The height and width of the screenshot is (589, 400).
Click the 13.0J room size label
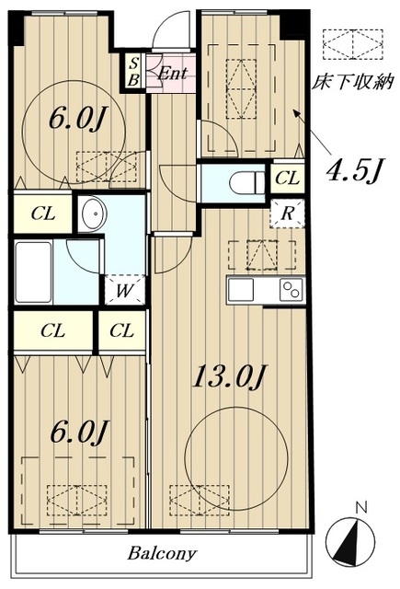[229, 376]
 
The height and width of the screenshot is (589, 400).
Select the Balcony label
[162, 553]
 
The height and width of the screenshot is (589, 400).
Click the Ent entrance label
[172, 74]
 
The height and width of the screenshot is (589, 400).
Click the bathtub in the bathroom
[33, 272]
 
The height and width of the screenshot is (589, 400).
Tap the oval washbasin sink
[94, 214]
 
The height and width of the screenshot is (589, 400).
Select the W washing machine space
[124, 290]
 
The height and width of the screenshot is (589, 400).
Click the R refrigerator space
[287, 214]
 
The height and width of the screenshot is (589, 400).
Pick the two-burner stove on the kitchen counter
[291, 290]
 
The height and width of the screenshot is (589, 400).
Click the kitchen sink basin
[241, 290]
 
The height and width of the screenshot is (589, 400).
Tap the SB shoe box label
[133, 72]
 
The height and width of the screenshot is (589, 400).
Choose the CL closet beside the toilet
[288, 178]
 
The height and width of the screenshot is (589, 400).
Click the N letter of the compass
[361, 508]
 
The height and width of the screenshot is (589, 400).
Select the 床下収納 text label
[353, 82]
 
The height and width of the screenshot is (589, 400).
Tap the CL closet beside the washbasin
[43, 214]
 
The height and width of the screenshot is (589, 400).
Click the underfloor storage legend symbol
[353, 44]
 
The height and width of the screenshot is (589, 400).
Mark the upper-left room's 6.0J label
[78, 119]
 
